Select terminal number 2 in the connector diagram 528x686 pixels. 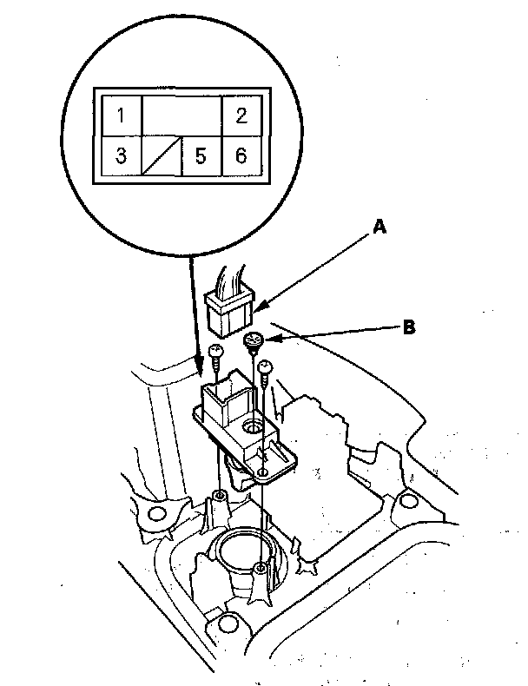tap(241, 115)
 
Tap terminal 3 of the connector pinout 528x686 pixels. tap(122, 156)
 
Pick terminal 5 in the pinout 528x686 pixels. tap(201, 156)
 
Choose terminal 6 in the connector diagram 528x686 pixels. tap(241, 156)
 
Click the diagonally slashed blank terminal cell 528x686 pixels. tap(162, 156)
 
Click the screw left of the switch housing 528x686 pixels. tap(215, 351)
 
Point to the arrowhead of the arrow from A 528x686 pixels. tap(257, 308)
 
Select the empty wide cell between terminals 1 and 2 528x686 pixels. tap(181, 115)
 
